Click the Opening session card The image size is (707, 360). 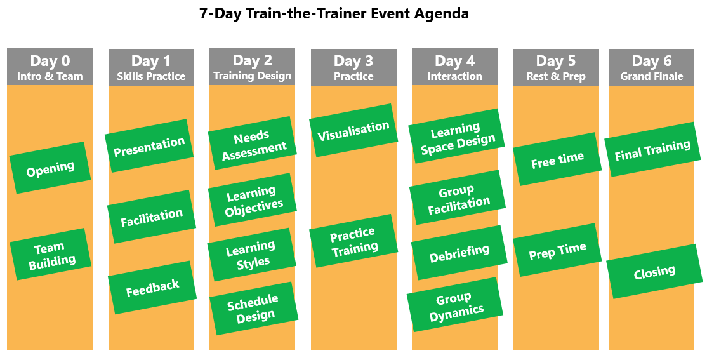click(50, 168)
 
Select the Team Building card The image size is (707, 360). click(51, 254)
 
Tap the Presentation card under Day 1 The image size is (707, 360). click(149, 145)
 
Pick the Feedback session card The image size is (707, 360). click(152, 288)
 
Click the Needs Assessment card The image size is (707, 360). click(253, 143)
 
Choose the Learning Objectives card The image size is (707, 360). click(253, 199)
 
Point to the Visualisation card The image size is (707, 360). click(354, 130)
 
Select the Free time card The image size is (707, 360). click(557, 159)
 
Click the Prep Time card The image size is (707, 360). click(557, 250)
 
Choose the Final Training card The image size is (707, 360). click(652, 150)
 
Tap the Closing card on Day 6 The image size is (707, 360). click(654, 271)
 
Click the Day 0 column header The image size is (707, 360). click(50, 67)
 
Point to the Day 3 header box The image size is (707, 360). click(354, 67)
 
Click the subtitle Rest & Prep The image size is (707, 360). click(556, 77)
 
